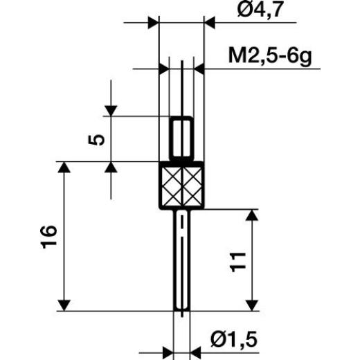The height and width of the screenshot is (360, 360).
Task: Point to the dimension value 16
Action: pyautogui.click(x=48, y=237)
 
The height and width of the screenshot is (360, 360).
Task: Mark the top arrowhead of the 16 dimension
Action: pyautogui.click(x=64, y=168)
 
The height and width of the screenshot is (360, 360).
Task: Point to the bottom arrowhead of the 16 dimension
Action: pyautogui.click(x=64, y=305)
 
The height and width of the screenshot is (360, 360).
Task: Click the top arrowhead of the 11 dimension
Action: pyautogui.click(x=251, y=214)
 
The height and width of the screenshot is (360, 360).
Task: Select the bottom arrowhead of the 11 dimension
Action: pyautogui.click(x=251, y=305)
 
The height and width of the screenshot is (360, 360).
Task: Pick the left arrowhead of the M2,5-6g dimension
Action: pyautogui.click(x=163, y=69)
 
